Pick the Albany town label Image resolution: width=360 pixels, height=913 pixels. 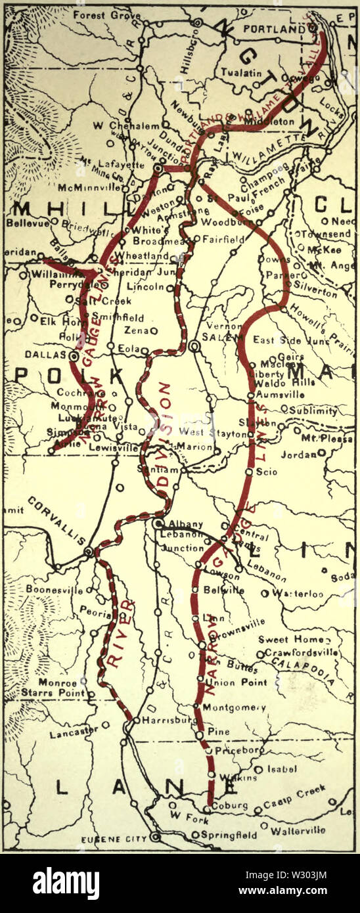182,524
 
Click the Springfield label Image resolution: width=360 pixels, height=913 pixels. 229,835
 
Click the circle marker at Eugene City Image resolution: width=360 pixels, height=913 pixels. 156,837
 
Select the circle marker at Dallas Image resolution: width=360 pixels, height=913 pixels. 74,355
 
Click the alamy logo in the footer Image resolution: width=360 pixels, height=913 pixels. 66,883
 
